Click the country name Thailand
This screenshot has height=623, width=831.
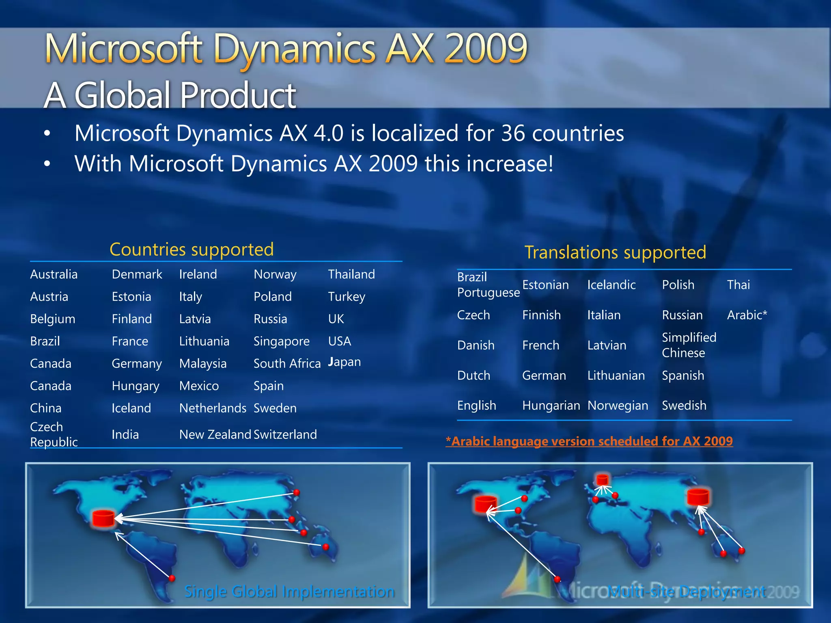coord(351,275)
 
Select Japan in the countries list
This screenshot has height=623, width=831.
coord(344,362)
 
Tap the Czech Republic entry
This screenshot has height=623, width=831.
coord(54,434)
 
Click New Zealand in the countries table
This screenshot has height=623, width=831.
coord(215,434)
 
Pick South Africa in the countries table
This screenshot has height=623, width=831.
coord(287,363)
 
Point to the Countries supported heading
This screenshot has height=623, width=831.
coord(192,249)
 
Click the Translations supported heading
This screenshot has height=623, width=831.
coord(615,252)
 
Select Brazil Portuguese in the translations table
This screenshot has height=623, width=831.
coord(488,285)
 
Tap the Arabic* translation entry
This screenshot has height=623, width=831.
coord(747,315)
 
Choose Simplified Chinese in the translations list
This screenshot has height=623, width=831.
coord(689,345)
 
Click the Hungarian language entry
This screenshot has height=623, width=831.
coord(551,406)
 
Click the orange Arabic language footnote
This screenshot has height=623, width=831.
coord(589,441)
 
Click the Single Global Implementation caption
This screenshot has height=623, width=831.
coord(289,592)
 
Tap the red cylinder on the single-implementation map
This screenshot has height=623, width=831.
coord(103,518)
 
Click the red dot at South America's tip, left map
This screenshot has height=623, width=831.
coord(172,578)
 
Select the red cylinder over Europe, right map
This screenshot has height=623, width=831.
coord(603,480)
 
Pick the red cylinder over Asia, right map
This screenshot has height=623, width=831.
coord(698,497)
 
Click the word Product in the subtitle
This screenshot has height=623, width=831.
coord(238,96)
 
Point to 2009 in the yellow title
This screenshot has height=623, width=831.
coord(485,49)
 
